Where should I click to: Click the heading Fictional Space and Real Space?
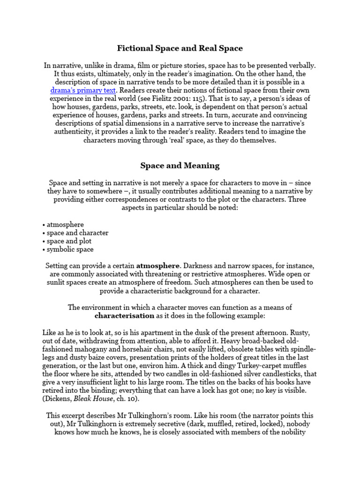(x=180, y=48)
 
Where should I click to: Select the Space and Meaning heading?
(x=180, y=165)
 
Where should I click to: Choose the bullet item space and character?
(x=77, y=233)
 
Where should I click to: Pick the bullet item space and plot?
(x=69, y=241)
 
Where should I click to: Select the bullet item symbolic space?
(x=70, y=250)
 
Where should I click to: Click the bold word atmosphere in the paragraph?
(x=157, y=266)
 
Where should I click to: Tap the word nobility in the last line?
(x=291, y=433)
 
